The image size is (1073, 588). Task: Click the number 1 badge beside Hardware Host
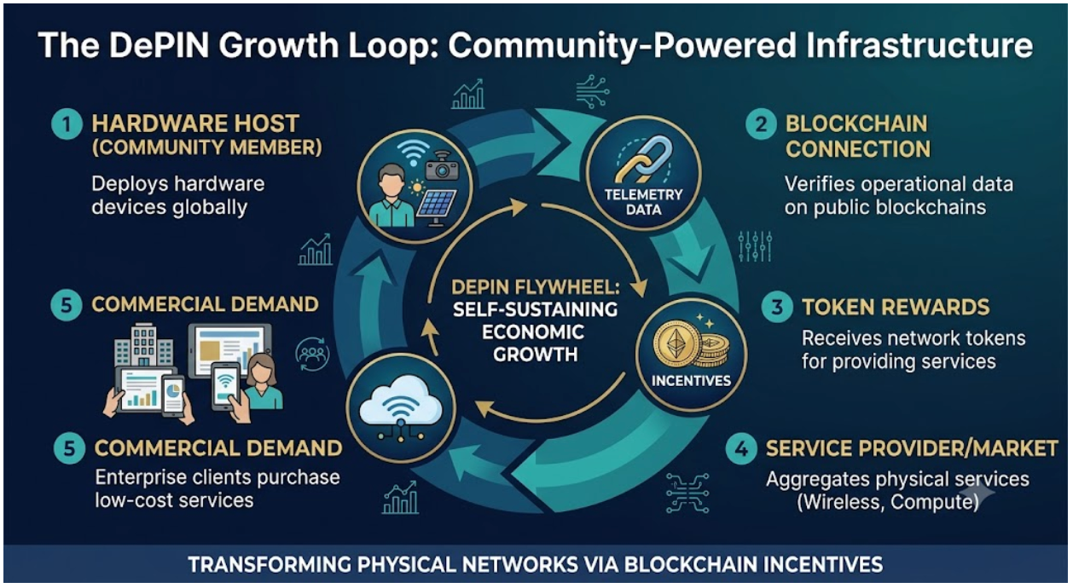click(67, 124)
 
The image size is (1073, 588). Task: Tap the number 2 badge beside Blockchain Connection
click(761, 124)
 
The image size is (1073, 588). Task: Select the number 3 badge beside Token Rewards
click(777, 307)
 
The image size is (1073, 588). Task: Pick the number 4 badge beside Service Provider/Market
click(741, 449)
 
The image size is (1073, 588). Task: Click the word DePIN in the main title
click(159, 45)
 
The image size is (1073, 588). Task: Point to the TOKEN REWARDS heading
click(896, 307)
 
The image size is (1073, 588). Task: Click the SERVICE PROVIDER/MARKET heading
click(912, 449)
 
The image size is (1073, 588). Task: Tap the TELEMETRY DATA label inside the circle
click(643, 202)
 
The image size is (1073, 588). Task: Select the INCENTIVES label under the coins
click(691, 381)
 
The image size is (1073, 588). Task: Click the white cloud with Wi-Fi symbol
click(401, 403)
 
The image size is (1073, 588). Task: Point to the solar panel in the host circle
click(436, 208)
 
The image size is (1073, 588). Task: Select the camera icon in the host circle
click(442, 166)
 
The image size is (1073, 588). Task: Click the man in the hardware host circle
click(391, 196)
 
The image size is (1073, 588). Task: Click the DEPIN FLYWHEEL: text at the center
click(536, 287)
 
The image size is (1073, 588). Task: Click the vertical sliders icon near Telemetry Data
click(755, 247)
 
